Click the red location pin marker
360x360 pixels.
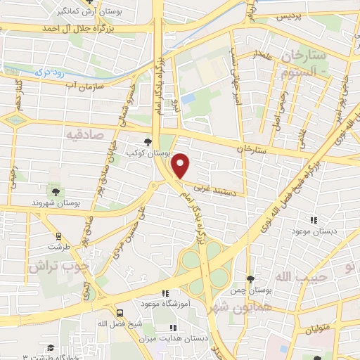coord(181,165)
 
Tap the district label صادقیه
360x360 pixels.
coord(86,133)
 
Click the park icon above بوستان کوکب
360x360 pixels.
coord(147,141)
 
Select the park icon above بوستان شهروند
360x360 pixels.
coord(56,191)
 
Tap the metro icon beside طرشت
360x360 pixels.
coord(59,237)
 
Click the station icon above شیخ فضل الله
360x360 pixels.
coord(120,312)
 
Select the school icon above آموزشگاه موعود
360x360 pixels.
coord(165,293)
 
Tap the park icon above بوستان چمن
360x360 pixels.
coord(250,279)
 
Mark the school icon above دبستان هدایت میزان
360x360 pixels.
coord(173,328)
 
